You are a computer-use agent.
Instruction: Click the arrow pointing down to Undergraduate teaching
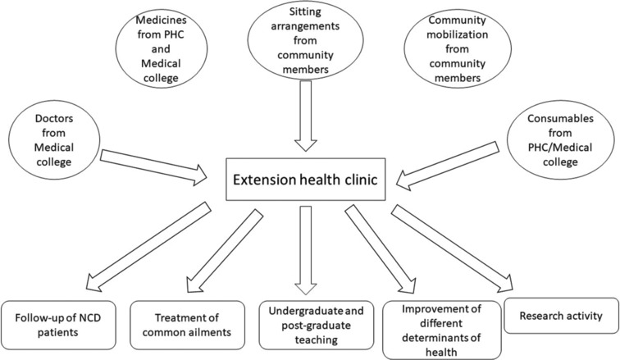[x=307, y=249]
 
